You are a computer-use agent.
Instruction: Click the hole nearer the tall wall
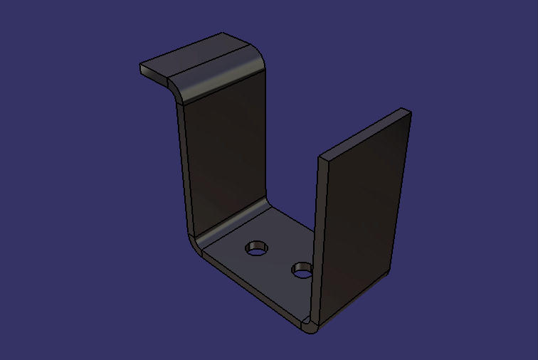tap(257, 248)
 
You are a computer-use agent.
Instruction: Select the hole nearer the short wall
tap(302, 270)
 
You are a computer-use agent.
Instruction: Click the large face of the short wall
tap(359, 213)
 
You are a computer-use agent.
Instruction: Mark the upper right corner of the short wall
tap(408, 110)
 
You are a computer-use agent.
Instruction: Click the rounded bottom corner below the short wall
tap(310, 328)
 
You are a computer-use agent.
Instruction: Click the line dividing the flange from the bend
tap(206, 60)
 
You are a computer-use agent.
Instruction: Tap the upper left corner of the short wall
tap(321, 154)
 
